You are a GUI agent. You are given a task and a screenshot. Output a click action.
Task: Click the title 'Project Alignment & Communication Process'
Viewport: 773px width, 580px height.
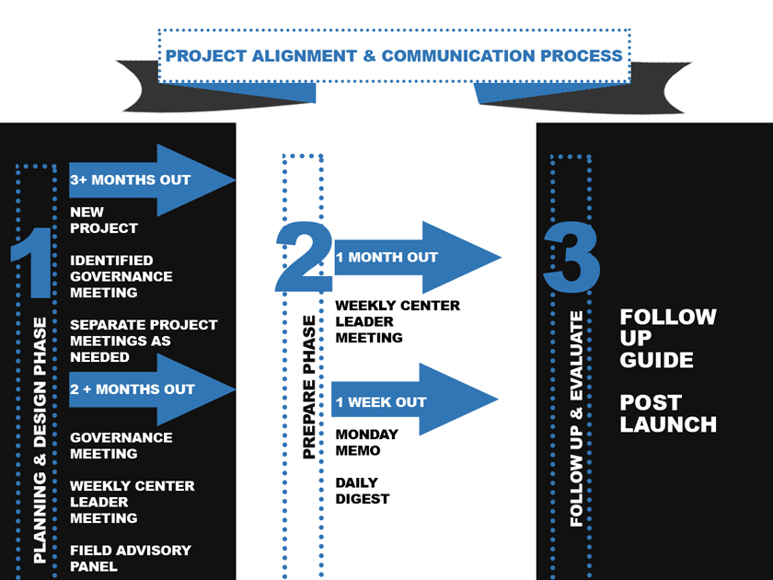click(x=394, y=55)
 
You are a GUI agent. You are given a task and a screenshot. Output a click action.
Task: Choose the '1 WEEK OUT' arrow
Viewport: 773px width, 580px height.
click(x=410, y=402)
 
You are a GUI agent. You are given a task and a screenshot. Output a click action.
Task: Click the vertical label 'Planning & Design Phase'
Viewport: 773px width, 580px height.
click(x=40, y=440)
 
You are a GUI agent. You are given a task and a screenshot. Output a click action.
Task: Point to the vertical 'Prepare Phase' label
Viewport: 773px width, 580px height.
click(x=309, y=387)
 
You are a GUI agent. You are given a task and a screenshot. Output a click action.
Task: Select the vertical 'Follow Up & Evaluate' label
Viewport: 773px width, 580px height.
click(x=577, y=419)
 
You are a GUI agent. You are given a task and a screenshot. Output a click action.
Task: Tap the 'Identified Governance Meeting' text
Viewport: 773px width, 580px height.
click(x=121, y=276)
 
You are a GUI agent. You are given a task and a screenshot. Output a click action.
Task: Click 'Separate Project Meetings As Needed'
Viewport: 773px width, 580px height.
click(x=144, y=341)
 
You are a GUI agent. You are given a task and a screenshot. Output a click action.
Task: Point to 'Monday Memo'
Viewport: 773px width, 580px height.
click(x=366, y=442)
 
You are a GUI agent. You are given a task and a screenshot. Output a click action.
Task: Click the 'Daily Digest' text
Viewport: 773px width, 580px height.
click(x=362, y=491)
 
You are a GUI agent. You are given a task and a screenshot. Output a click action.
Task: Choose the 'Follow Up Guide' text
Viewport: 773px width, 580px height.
click(x=668, y=338)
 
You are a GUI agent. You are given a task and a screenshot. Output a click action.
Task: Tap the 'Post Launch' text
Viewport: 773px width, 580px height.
click(x=668, y=413)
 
